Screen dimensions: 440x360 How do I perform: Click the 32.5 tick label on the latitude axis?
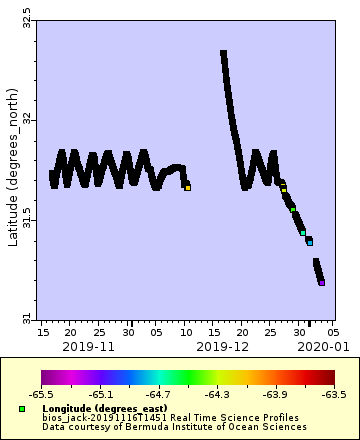click(26, 18)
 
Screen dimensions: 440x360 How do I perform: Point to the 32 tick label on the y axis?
click(26, 119)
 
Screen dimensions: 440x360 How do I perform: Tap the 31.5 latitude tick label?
click(26, 218)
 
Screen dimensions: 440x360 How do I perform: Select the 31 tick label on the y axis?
click(26, 318)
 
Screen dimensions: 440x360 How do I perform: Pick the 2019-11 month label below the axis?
click(87, 345)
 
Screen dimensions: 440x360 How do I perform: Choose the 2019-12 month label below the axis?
click(223, 345)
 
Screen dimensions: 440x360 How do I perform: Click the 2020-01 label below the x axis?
click(320, 345)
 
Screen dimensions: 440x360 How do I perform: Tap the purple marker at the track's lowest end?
click(322, 283)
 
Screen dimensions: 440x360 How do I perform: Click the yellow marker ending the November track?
click(187, 187)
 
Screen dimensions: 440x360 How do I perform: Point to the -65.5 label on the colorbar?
click(42, 395)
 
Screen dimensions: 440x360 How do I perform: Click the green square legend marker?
click(21, 409)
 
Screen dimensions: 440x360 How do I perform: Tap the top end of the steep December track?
click(223, 54)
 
